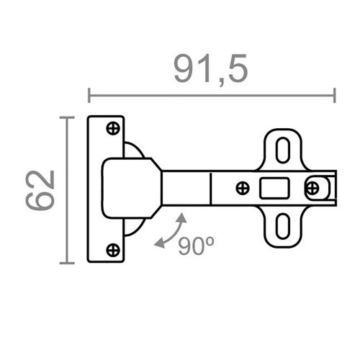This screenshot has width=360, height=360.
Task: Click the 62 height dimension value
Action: pos(41,190)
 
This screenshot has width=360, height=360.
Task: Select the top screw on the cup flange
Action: pos(112,129)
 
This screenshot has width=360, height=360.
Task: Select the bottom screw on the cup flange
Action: pos(112,250)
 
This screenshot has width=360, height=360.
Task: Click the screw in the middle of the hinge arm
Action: pos(243,189)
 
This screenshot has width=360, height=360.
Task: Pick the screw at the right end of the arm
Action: pos(312,189)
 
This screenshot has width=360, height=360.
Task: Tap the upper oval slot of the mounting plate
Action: pos(283,148)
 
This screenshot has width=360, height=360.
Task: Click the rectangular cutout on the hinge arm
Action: pos(271,189)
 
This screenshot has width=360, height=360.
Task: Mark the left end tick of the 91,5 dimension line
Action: pos(89,95)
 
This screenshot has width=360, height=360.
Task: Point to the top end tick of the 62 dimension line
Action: pos(68,117)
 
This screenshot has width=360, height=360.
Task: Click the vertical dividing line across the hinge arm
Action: pos(210,189)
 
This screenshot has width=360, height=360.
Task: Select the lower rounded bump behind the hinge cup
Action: pos(134,229)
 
